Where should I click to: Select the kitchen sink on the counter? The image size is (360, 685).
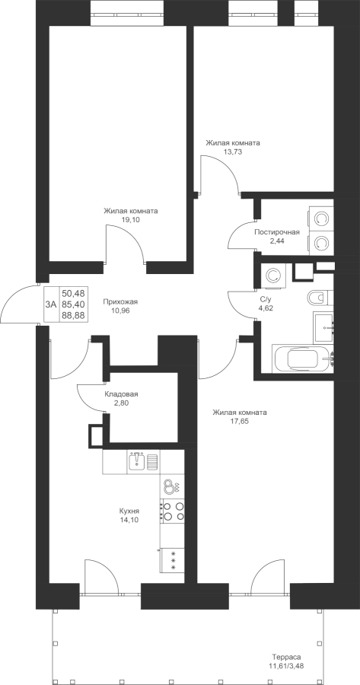pyautogui.click(x=142, y=461)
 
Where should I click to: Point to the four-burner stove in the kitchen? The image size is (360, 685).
pyautogui.click(x=172, y=511)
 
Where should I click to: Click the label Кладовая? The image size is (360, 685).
pyautogui.click(x=122, y=394)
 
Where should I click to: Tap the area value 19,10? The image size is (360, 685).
pyautogui.click(x=131, y=220)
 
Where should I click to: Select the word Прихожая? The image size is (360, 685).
pyautogui.click(x=120, y=301)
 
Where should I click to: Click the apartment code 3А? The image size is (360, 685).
pyautogui.click(x=51, y=304)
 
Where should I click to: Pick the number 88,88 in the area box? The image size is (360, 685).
pyautogui.click(x=73, y=315)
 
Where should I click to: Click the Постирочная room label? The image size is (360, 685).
pyautogui.click(x=277, y=232)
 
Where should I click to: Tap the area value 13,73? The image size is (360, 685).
pyautogui.click(x=234, y=151)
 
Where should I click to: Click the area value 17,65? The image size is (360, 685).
pyautogui.click(x=240, y=421)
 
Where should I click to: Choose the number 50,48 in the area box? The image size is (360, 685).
pyautogui.click(x=73, y=292)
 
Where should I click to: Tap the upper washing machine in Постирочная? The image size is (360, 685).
pyautogui.click(x=320, y=217)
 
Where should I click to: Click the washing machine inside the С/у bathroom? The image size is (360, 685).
pyautogui.click(x=273, y=276)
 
